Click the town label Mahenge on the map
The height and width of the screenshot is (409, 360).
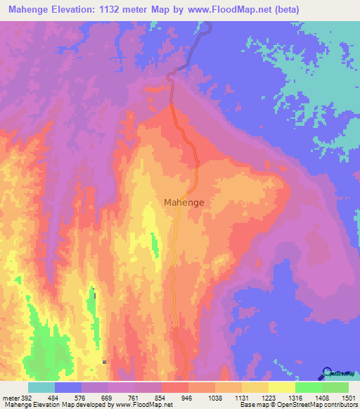(184, 202)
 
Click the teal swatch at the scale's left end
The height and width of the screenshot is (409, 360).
(41, 388)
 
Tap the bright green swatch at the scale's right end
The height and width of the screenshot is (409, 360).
(335, 388)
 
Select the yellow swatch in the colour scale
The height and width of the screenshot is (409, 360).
(282, 388)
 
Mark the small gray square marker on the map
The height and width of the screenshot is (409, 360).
(104, 362)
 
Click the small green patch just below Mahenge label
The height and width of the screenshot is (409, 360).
(155, 242)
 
